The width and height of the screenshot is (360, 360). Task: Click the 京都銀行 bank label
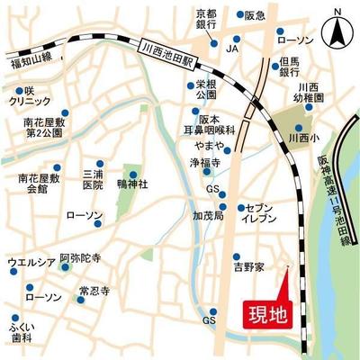[x=208, y=19]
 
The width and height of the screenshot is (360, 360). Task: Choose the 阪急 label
[x=255, y=15]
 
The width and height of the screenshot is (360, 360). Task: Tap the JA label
[x=232, y=47]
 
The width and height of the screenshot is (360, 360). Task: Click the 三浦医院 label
[x=93, y=179]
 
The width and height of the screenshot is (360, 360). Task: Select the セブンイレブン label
[x=265, y=214]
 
